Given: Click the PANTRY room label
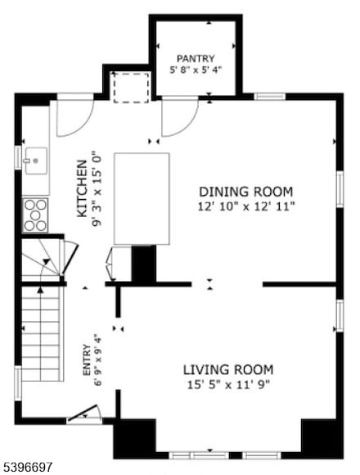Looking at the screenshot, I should pos(196,58).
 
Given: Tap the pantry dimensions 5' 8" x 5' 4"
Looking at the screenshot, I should pos(196,70).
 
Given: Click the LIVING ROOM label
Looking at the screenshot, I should pos(227,369).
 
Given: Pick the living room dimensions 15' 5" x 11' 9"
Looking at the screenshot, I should pos(227,383).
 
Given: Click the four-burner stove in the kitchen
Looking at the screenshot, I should pos(35,214).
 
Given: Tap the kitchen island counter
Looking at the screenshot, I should pos(142,198).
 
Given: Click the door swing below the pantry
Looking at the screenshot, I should pos(178,117).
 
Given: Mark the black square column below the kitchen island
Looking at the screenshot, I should pos(144,265).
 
